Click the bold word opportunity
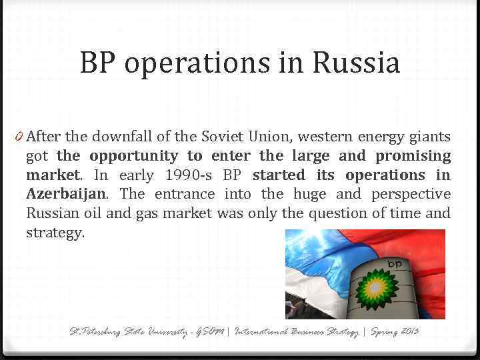135,156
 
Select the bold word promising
413,156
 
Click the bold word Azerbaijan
65,195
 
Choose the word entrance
185,195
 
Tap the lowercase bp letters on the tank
395,265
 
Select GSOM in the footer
209,331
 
